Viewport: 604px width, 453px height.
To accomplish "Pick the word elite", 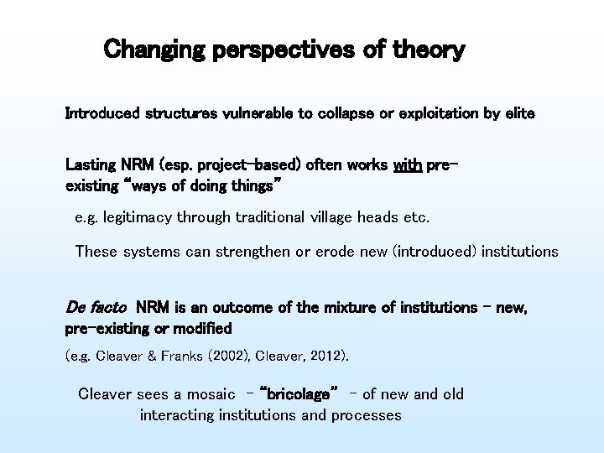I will tap(516, 112).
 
